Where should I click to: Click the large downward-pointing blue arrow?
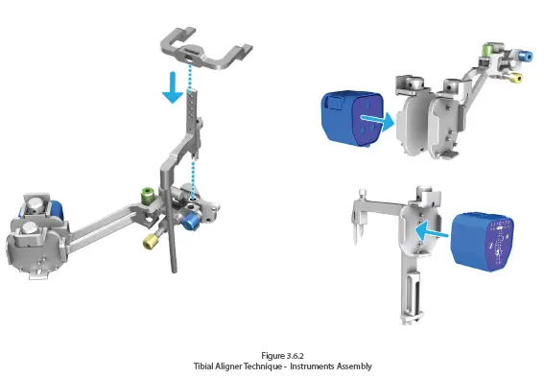click(x=172, y=89)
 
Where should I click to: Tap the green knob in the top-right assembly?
click(x=486, y=49)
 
